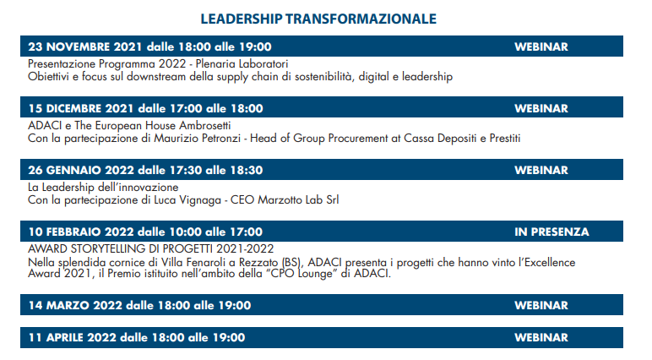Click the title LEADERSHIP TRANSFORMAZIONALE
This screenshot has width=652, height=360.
click(x=318, y=19)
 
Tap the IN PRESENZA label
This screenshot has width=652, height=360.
click(x=551, y=232)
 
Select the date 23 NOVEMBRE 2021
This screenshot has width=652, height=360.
click(x=85, y=46)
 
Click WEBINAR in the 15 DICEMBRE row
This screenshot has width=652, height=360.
click(x=541, y=109)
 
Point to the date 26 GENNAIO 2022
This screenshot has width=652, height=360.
click(x=81, y=170)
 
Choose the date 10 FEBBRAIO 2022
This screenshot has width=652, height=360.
click(x=81, y=232)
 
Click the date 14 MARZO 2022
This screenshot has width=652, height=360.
click(x=75, y=305)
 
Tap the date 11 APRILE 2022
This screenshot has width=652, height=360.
click(x=73, y=337)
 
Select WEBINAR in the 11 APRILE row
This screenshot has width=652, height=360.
click(x=541, y=337)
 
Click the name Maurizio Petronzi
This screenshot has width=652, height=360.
click(x=197, y=139)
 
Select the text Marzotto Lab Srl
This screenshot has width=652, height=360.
click(x=298, y=200)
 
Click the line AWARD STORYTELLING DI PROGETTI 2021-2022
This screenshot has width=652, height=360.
click(x=151, y=249)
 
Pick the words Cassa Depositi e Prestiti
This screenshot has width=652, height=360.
click(x=462, y=139)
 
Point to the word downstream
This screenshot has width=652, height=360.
click(x=156, y=77)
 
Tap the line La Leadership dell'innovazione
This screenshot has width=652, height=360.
click(x=103, y=188)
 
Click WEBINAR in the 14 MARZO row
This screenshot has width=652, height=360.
click(x=541, y=305)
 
